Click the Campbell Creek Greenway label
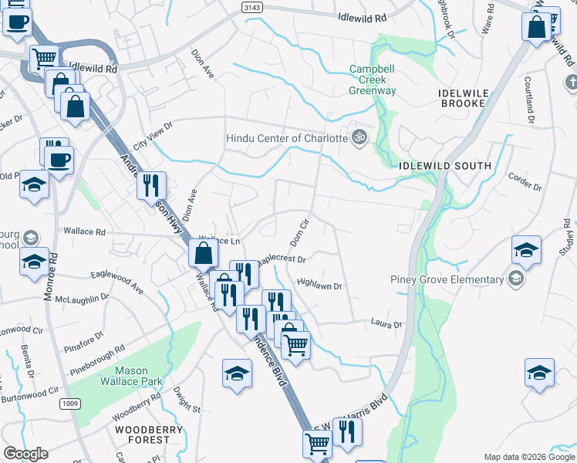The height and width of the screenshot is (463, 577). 373,79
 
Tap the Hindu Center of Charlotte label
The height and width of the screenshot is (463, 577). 287,139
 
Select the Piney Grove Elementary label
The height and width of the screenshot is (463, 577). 447,279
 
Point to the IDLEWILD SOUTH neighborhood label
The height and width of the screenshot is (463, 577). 445,166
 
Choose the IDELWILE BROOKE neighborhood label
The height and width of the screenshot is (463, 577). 464,97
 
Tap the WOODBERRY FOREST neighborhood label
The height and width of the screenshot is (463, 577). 142,434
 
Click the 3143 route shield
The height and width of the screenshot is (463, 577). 251,7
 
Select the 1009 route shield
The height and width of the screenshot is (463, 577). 71,403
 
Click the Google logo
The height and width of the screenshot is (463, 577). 25,454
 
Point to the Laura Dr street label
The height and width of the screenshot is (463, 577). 386,325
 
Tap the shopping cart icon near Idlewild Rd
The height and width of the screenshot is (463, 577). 45,57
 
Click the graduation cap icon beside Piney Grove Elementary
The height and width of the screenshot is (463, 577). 526,249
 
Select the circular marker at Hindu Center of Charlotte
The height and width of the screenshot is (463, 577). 358,138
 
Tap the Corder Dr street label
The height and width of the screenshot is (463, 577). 525,183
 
